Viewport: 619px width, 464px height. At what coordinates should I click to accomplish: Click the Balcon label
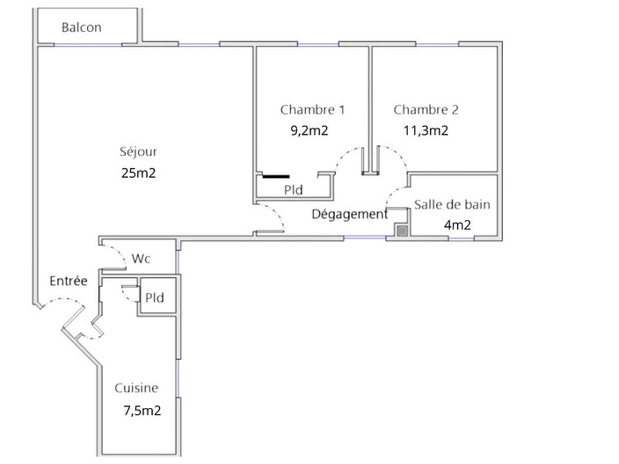point(81,27)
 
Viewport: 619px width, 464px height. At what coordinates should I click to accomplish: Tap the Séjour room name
point(138,152)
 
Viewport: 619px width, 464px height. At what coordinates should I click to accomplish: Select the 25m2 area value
point(139,173)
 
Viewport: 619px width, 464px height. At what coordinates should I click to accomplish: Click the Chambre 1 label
point(312,110)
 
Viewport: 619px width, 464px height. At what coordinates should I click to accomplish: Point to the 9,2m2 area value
point(309,131)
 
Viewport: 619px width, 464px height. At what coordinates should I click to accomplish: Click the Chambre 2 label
point(426,110)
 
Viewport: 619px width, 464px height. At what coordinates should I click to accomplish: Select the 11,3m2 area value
point(426,131)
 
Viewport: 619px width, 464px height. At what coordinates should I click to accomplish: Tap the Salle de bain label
point(452,204)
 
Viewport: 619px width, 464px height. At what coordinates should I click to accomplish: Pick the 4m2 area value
point(457,225)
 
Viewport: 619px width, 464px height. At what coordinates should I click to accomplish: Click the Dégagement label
point(349,214)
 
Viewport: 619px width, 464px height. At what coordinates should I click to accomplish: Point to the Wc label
point(141,258)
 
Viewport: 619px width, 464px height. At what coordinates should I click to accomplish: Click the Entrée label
point(68,280)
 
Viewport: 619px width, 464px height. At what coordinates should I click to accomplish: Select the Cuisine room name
point(136,388)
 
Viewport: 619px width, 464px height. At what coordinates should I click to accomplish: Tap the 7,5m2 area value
point(142,411)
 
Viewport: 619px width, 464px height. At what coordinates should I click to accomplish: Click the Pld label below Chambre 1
point(293,189)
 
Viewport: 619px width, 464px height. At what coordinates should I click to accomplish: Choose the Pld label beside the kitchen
point(154,298)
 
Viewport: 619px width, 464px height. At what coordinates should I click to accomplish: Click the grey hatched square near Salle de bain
point(402,231)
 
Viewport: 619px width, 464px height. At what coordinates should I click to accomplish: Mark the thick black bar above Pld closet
point(276,177)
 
